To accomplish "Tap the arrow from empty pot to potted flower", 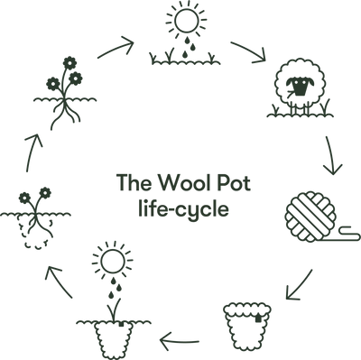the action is (178, 340).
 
